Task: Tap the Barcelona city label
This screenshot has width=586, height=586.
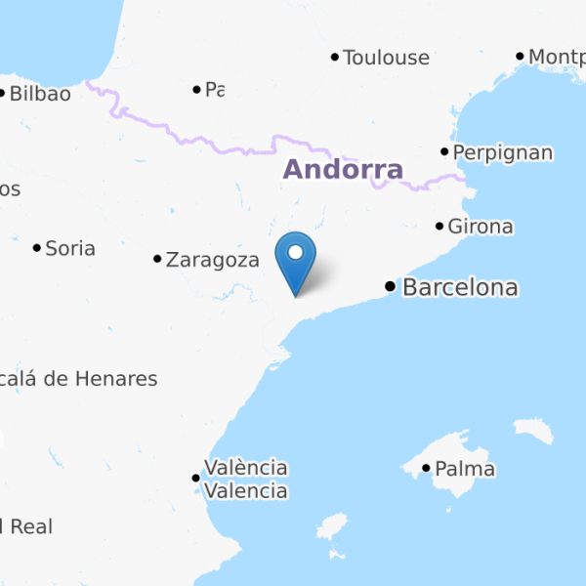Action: [x=460, y=288]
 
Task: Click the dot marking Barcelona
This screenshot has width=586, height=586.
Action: [x=391, y=287]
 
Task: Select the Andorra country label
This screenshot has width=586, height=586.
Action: [x=343, y=170]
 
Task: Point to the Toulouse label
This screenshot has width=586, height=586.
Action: [x=386, y=58]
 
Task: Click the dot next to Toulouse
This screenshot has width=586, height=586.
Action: [x=335, y=58]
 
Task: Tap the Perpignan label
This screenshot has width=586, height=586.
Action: [x=503, y=152]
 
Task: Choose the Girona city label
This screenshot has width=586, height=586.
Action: [x=481, y=227]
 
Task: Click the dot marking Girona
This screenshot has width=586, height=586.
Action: [x=439, y=227]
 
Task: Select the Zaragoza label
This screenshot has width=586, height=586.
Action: [x=213, y=260]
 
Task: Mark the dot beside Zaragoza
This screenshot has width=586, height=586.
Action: [x=157, y=259]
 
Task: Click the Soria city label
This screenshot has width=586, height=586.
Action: [x=70, y=248]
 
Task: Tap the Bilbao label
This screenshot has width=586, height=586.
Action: [x=40, y=94]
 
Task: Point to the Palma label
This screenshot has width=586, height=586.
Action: [x=465, y=470]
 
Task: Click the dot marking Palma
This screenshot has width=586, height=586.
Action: [x=427, y=469]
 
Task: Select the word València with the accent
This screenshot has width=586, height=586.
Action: [x=245, y=467]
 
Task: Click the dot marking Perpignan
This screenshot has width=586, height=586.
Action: [x=444, y=151]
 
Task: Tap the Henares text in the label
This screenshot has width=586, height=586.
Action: [x=119, y=379]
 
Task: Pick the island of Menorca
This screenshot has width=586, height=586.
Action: [x=533, y=431]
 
